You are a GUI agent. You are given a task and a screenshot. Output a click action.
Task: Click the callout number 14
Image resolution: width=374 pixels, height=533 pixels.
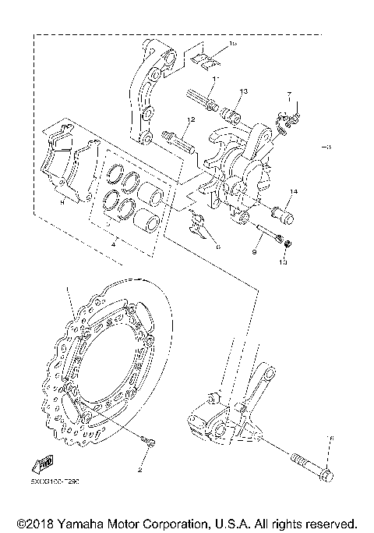click(294, 191)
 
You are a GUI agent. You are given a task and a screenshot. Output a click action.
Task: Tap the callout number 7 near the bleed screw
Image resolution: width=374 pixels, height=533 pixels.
click(288, 92)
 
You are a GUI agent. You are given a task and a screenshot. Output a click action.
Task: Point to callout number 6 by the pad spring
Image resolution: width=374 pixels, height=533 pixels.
click(219, 246)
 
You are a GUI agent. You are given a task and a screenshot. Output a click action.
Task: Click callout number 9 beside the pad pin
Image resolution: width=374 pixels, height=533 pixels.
click(254, 253)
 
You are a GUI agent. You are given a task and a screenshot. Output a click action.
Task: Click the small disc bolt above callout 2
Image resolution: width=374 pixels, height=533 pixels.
click(147, 443)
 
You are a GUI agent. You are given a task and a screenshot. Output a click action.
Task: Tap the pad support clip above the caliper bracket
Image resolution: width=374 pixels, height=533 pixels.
click(204, 58)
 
